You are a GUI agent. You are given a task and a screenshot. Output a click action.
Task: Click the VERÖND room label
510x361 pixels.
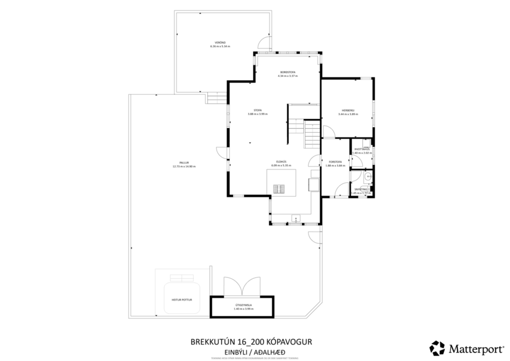220,43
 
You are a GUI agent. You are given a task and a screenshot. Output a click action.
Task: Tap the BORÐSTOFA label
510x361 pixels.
288,73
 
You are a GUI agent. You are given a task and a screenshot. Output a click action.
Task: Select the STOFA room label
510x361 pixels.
257,110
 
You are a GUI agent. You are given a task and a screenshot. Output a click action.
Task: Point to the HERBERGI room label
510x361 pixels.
348,111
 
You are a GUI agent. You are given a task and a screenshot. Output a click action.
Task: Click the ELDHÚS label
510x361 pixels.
281,162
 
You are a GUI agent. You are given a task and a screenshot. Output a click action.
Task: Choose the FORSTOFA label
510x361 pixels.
334,162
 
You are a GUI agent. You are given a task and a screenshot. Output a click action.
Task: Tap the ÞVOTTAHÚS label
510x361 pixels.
362,150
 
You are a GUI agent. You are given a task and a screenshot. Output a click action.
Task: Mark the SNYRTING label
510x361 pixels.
361,189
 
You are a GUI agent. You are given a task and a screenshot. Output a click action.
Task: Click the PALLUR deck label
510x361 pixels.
184,162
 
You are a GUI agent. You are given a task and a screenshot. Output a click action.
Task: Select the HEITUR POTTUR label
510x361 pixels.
182,299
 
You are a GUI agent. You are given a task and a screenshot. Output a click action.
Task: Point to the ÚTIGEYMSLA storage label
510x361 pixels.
242,305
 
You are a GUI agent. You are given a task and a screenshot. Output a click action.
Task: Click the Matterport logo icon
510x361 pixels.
437,348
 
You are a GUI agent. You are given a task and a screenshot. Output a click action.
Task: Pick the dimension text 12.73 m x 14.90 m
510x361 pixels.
184,167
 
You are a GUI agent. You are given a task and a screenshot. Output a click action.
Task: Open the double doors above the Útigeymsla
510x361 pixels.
243,285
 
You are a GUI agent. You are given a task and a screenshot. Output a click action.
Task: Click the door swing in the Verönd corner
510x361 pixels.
264,44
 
